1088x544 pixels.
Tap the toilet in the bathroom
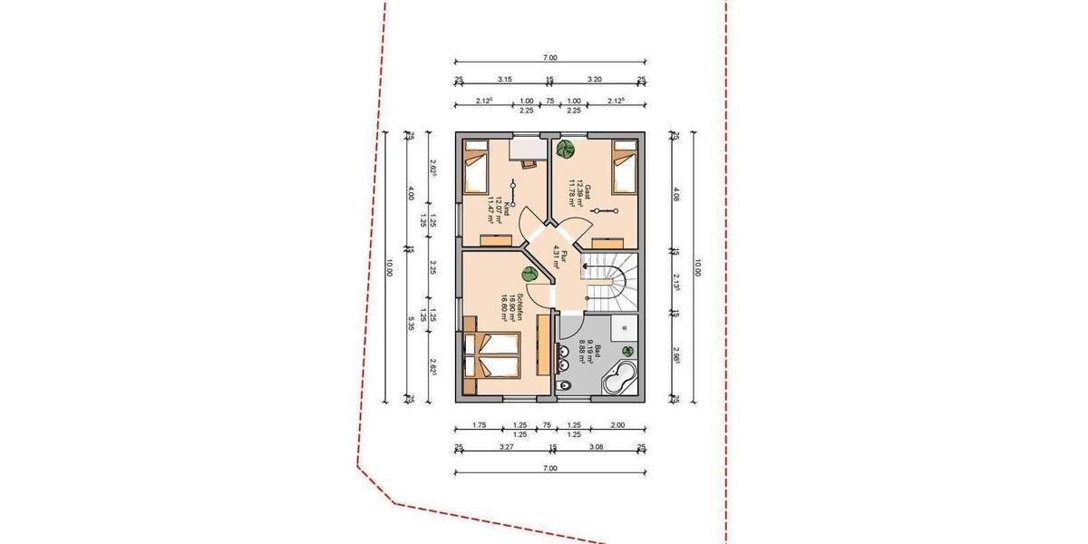click(x=566, y=388)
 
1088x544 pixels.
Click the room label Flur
click(x=564, y=257)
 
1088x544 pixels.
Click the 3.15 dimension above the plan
click(x=505, y=80)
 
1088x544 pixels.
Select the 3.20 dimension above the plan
click(x=595, y=80)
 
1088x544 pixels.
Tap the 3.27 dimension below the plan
click(x=507, y=447)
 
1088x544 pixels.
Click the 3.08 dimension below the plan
click(x=597, y=447)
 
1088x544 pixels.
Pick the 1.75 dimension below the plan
click(x=481, y=424)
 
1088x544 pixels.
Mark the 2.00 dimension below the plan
click(x=617, y=424)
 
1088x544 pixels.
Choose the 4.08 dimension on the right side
click(x=675, y=193)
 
